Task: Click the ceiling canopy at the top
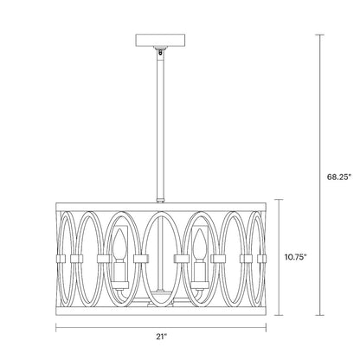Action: (x=161, y=42)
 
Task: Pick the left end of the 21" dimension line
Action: (x=58, y=328)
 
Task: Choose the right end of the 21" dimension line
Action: (x=265, y=328)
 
